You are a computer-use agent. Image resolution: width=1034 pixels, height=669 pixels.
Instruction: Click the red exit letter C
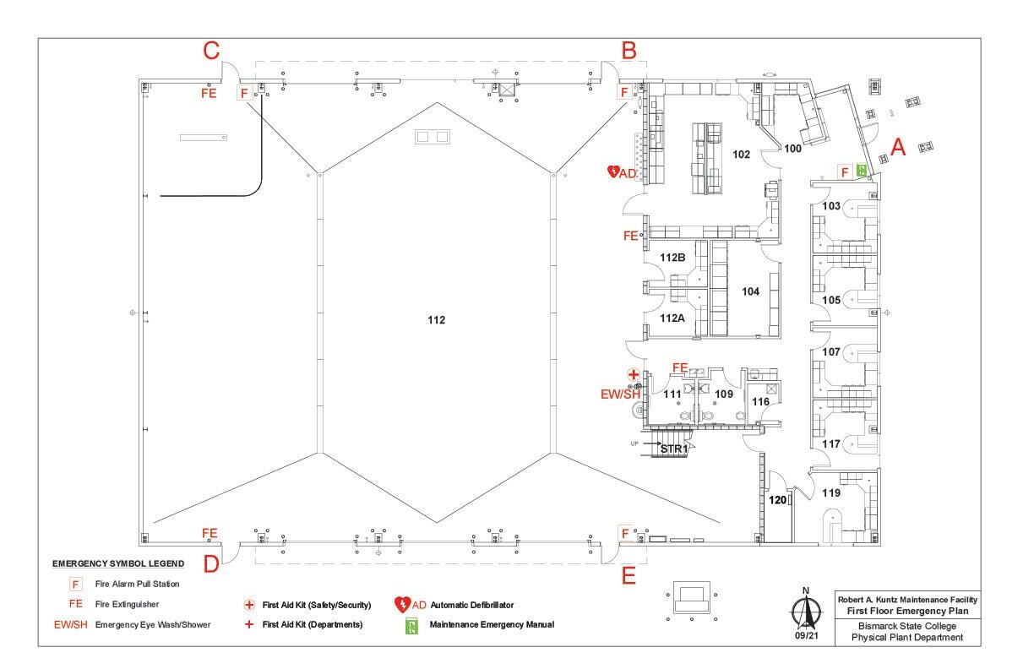(211, 51)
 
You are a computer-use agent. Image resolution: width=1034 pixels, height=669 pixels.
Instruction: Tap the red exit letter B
(629, 51)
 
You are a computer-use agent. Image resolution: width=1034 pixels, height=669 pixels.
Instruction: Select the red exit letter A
(898, 147)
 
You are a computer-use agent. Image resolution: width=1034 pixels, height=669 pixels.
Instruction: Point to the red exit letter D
(211, 564)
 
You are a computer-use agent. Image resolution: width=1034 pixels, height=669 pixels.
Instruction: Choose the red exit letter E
(629, 576)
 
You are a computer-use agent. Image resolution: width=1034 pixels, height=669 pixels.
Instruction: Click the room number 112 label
(436, 320)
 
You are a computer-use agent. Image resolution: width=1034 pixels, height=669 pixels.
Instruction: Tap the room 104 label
(750, 291)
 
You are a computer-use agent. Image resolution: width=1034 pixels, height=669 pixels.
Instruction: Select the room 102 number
(742, 155)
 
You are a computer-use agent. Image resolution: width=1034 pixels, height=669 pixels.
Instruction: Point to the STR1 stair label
(674, 449)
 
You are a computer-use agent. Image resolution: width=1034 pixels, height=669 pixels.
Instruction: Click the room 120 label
(777, 499)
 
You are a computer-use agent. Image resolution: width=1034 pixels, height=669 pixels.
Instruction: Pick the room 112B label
(672, 257)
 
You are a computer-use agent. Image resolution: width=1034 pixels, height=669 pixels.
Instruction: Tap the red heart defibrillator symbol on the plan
(613, 171)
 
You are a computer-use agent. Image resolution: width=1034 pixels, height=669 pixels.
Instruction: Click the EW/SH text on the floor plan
(620, 394)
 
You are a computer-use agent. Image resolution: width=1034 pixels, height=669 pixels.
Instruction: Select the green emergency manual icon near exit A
(862, 170)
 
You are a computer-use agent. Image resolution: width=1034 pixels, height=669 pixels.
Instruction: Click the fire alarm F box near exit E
(625, 533)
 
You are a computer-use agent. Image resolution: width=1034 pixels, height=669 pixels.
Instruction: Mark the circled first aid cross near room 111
(634, 374)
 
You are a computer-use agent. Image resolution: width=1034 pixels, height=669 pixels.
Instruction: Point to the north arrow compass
(806, 611)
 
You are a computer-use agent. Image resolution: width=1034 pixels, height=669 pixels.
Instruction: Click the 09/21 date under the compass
(807, 635)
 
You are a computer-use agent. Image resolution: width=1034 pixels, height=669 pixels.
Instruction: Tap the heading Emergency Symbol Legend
(118, 563)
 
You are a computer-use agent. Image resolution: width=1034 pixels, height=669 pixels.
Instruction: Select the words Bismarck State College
(907, 626)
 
